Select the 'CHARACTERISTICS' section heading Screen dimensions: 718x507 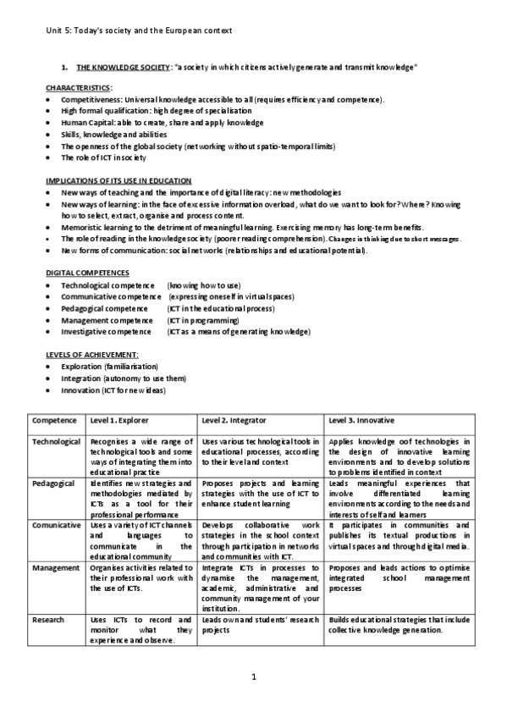click(x=79, y=88)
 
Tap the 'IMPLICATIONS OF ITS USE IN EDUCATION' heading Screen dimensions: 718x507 click(x=118, y=181)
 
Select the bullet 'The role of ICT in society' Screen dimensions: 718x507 click(x=103, y=157)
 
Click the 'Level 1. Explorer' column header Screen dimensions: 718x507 click(x=118, y=421)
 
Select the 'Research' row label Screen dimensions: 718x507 click(x=48, y=619)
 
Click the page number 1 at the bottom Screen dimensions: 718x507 click(x=254, y=677)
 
